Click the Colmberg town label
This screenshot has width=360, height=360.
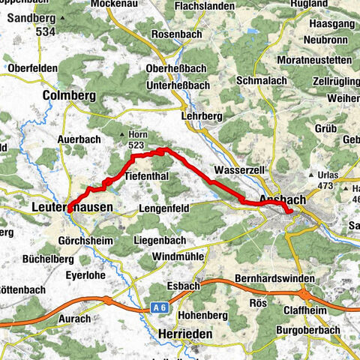tap(70, 95)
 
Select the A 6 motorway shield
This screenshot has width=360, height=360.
tap(157, 307)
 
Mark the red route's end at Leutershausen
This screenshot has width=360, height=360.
tap(68, 211)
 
